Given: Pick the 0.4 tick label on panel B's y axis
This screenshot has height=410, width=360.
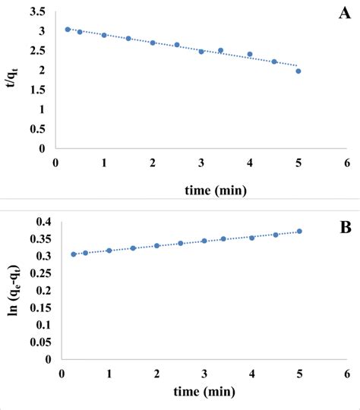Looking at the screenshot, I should pos(40,222).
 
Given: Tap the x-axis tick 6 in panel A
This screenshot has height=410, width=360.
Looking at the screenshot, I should pos(347,162).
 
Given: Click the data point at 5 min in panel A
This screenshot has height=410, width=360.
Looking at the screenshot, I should pos(298,71).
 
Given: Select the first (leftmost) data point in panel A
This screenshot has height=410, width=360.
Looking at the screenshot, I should pos(68,30).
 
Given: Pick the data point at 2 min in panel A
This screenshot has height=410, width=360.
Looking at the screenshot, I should pos(153,43).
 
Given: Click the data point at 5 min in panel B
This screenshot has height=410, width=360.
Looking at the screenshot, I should pos(299,232).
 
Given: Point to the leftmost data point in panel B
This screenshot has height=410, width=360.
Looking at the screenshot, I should pos(74,254).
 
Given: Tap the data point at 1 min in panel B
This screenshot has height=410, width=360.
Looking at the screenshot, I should pos(109,251).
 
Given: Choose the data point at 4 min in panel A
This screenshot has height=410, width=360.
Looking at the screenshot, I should pos(250,55).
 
